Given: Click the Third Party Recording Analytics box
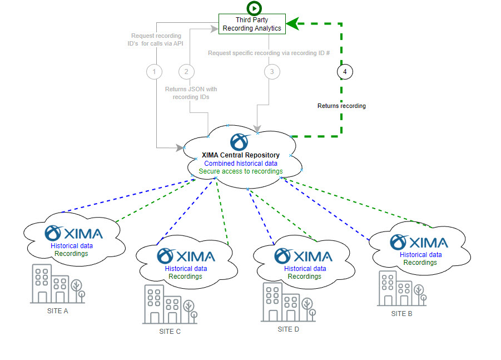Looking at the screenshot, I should point(252,24).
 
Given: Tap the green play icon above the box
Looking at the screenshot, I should point(254,8).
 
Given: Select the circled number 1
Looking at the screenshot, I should point(154,71).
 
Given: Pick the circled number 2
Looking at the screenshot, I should point(186,71).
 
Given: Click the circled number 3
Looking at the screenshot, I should point(271,71).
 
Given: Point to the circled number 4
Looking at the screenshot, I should point(345,71).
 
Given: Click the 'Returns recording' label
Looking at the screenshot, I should point(341,106).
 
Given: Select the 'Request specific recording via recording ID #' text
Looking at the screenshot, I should point(269,53).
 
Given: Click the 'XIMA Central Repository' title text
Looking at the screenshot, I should point(240,155).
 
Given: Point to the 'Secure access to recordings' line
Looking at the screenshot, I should point(241,171).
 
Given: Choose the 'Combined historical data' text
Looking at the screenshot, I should point(241,164).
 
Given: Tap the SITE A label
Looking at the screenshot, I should point(58,311).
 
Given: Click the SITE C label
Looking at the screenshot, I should point(170,332).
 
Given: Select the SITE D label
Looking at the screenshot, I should point(289,329).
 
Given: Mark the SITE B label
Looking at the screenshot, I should point(402,314).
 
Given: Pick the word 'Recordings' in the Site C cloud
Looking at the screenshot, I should point(186,276).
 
